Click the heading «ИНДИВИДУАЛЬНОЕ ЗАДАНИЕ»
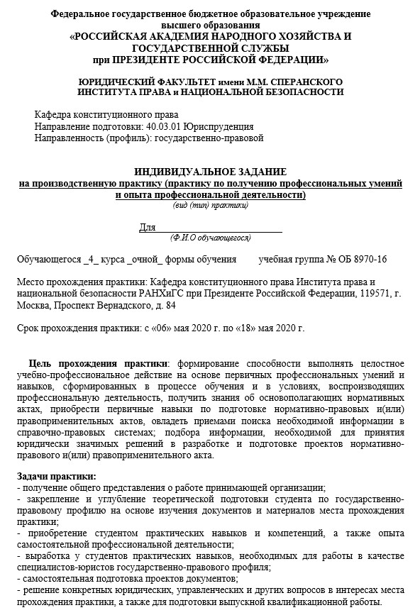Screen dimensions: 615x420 tap(210, 172)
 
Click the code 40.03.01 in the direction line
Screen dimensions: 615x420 tap(162, 126)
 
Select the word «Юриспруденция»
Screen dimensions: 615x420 tap(218, 126)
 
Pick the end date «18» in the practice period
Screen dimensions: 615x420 tap(241, 328)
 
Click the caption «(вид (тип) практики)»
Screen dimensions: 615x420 tap(210, 206)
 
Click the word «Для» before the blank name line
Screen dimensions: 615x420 tap(147, 227)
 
